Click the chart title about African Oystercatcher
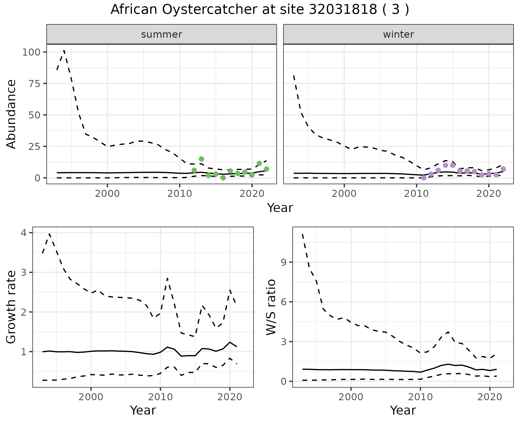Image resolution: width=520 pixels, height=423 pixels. point(260,10)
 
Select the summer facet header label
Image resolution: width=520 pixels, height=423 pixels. point(162,34)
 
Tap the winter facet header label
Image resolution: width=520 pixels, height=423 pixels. point(398,34)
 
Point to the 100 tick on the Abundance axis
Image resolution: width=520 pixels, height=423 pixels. point(31,52)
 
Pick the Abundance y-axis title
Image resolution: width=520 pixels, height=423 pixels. point(11,114)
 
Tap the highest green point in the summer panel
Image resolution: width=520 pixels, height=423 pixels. point(201,159)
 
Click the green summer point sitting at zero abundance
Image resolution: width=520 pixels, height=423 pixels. point(223,178)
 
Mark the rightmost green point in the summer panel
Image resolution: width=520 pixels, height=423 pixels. point(266,169)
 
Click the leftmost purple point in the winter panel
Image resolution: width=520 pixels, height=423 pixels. point(424,178)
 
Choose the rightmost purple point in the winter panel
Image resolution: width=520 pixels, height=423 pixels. point(503,169)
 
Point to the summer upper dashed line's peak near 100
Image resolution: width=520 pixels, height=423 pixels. point(64,50)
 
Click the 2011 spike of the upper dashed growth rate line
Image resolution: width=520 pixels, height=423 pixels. point(167,278)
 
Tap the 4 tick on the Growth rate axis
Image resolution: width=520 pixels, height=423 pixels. point(26,233)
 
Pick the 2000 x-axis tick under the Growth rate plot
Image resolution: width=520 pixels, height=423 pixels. point(91,397)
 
